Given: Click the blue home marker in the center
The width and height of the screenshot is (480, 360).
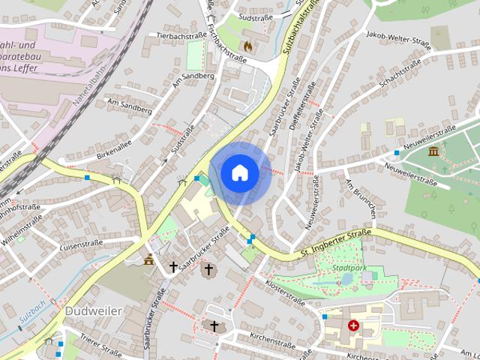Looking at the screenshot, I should pos(240,172).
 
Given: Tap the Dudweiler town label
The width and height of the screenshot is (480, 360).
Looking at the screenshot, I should pos(93,310).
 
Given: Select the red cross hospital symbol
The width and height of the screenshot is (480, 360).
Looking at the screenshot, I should pos(353,325).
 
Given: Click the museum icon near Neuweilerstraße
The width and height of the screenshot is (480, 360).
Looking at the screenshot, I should pos(433,151).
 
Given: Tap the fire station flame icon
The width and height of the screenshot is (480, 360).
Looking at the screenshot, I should pos(257,46).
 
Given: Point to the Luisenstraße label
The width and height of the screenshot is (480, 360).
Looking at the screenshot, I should pos(81,244).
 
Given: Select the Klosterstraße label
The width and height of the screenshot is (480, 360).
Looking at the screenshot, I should pos(285,292).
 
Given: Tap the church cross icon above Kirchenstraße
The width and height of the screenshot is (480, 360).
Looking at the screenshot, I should pos(214,326).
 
